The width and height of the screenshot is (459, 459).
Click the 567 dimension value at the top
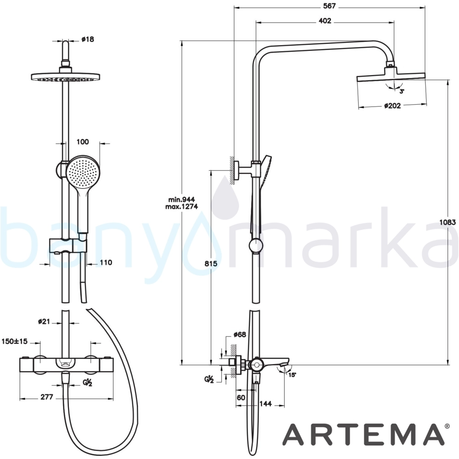pos(329,6)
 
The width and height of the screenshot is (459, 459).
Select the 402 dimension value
pos(325,21)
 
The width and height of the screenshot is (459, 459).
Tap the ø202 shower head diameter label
pos(392,106)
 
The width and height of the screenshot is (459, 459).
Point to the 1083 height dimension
pos(448,222)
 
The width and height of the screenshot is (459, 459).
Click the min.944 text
pos(181,200)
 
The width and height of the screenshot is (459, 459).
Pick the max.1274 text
pos(181,207)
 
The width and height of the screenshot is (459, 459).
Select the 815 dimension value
pos(211,264)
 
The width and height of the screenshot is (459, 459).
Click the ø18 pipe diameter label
pos(88,39)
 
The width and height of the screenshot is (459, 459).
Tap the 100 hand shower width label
pos(83,142)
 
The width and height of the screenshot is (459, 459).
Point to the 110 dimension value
pos(106,263)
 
